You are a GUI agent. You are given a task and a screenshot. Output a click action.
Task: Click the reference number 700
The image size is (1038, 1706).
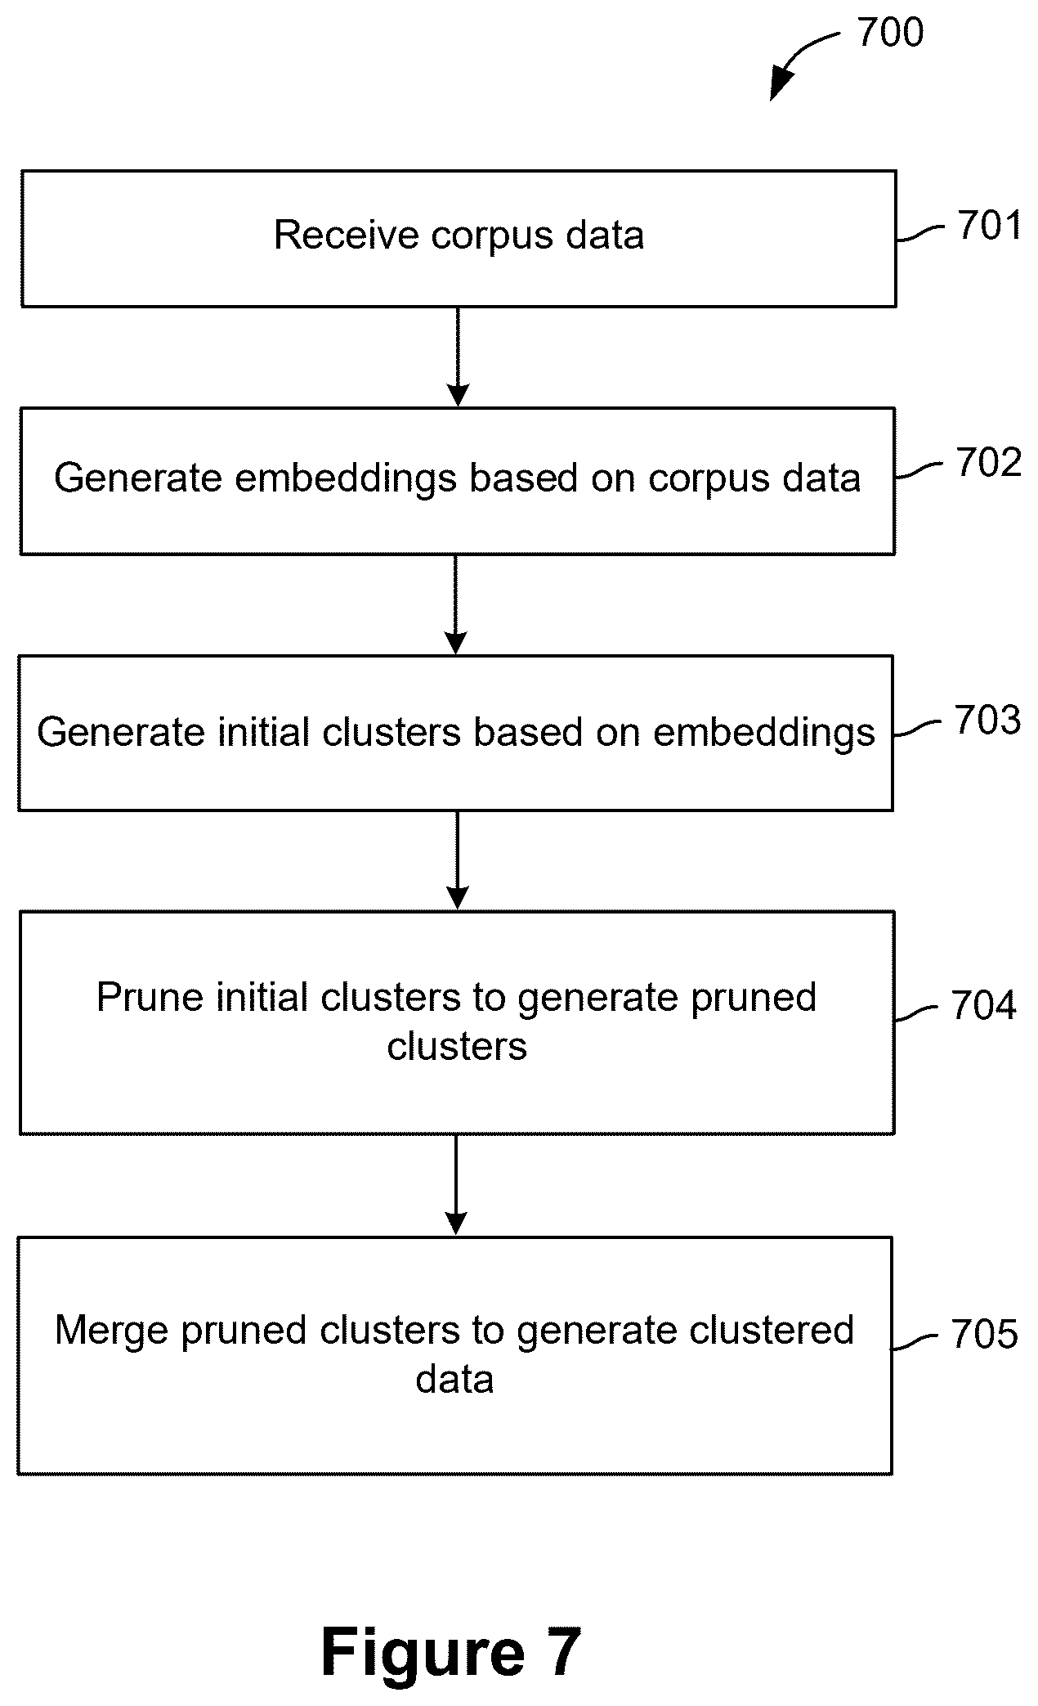890,33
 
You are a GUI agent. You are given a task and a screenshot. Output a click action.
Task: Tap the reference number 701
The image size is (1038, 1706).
990,226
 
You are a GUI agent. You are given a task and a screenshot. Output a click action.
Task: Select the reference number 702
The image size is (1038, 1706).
989,463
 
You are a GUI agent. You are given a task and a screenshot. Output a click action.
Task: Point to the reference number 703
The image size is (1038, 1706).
987,720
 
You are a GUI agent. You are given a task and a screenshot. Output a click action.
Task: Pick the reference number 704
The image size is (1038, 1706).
984,1006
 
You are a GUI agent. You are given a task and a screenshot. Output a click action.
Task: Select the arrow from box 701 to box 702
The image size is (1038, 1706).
458,357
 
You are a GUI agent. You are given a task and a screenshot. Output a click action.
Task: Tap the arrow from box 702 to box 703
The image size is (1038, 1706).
455,604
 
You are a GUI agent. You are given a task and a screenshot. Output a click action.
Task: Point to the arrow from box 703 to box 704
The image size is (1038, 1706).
458,860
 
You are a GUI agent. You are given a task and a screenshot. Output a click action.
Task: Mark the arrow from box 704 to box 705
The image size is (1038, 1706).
456,1184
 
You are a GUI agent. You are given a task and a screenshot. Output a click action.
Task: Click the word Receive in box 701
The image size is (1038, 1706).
346,236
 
